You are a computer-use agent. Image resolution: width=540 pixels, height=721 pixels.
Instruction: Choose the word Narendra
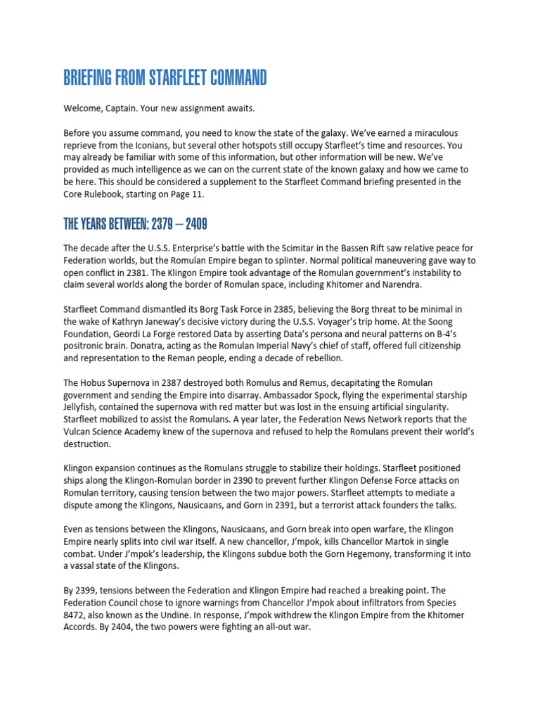[382, 284]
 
